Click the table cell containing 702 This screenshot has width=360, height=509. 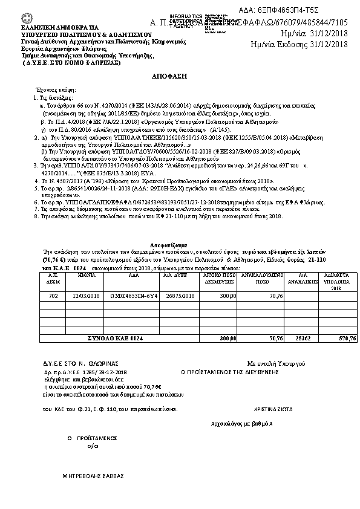[53, 296]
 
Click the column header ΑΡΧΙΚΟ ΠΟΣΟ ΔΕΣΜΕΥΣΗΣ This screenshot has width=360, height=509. [219, 277]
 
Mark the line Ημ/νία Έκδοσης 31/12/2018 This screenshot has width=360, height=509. [299, 44]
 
